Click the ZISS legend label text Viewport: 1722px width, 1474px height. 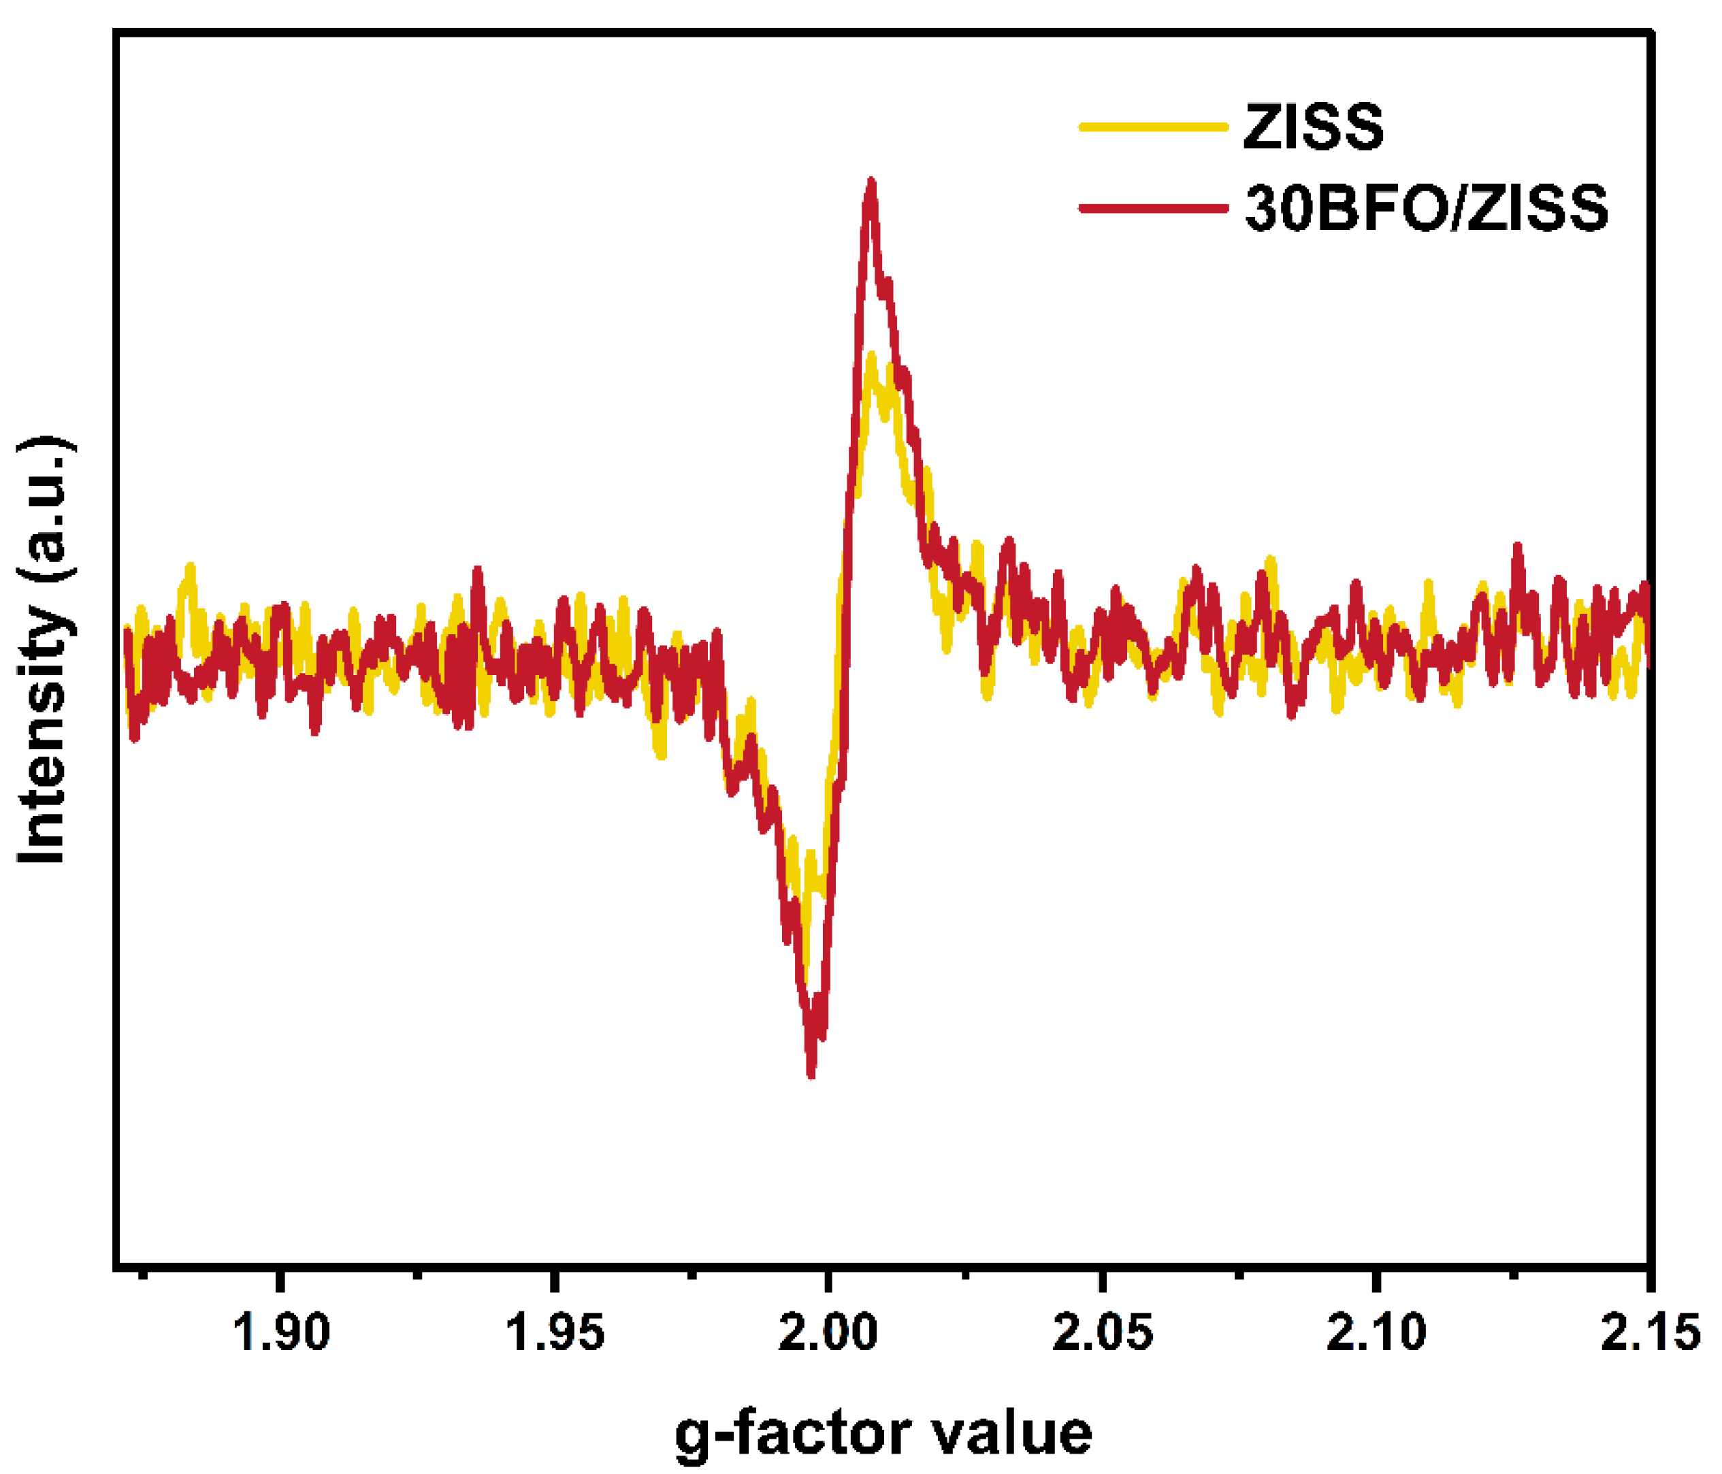click(1313, 127)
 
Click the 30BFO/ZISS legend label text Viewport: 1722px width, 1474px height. click(1426, 207)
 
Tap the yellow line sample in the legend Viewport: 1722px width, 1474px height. click(1153, 127)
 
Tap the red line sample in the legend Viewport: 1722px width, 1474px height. click(1153, 208)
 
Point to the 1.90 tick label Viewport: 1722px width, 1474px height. click(282, 1332)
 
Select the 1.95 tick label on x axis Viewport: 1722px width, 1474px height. click(555, 1332)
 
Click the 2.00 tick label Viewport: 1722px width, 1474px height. click(828, 1332)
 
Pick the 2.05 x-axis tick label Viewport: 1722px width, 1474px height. click(1102, 1332)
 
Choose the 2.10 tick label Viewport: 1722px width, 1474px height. click(1376, 1332)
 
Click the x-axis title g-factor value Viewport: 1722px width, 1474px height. click(883, 1433)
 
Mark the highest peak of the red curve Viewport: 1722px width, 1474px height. click(871, 181)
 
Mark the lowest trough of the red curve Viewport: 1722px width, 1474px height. click(811, 1075)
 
